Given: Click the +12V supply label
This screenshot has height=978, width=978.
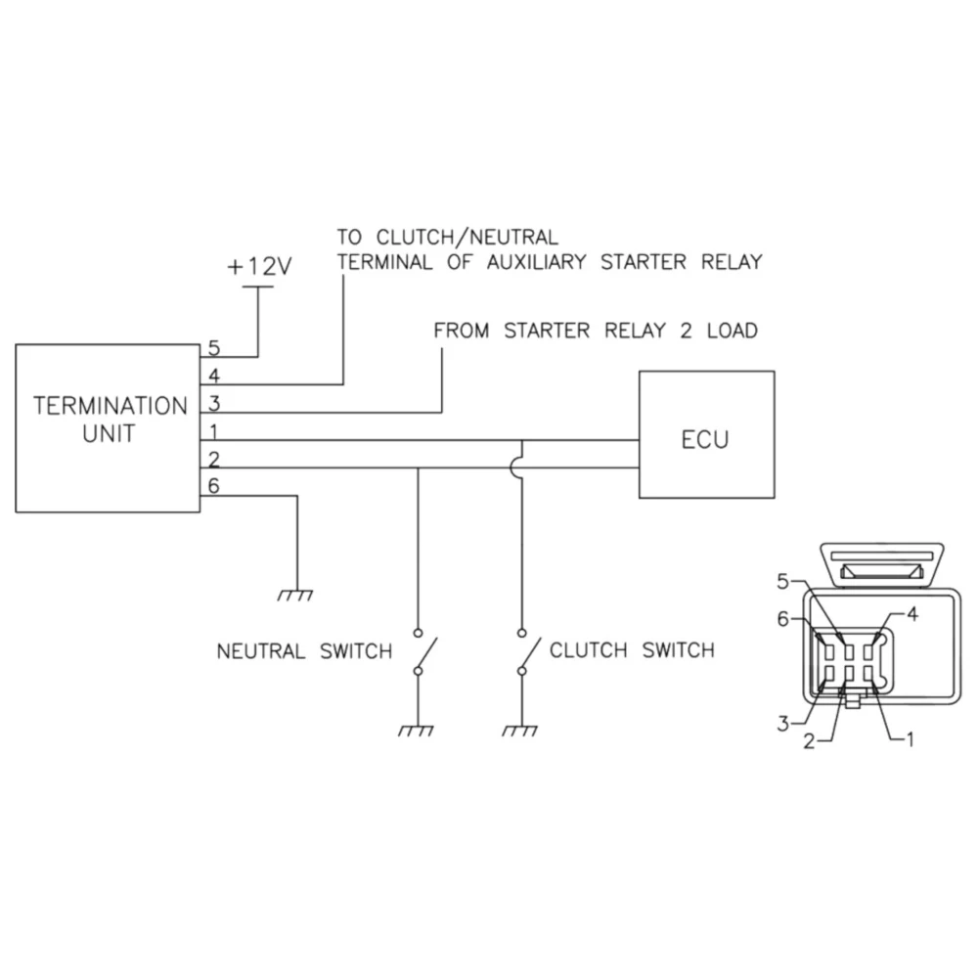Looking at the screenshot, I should [259, 267].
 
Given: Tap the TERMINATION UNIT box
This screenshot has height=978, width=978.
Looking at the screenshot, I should [107, 427].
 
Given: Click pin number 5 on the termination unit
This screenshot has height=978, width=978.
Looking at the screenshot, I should [214, 348].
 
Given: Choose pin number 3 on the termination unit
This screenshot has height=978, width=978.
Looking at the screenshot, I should [214, 402].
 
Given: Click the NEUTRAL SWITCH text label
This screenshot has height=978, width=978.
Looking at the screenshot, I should [304, 651].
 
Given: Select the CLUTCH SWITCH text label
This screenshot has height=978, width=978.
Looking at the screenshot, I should [632, 649].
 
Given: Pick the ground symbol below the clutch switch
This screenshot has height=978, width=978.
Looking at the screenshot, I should [521, 730].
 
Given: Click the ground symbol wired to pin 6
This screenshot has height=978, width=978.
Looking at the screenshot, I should [296, 594].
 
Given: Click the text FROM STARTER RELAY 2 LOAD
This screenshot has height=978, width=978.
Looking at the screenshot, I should [595, 331].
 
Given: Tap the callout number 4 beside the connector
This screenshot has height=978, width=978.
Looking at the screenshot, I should [912, 615].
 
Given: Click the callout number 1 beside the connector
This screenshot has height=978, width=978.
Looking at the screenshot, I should [910, 739].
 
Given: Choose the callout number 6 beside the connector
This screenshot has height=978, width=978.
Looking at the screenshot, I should [782, 618].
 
